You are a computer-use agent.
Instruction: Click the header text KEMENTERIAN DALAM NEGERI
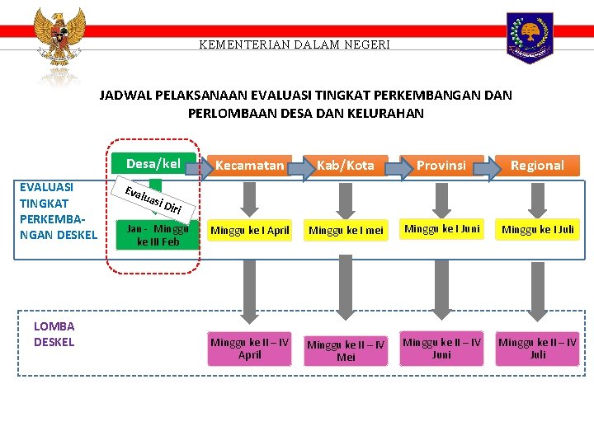295,44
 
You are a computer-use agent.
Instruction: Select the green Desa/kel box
153,163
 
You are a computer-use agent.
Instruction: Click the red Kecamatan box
249,165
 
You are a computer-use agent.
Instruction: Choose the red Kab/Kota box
346,165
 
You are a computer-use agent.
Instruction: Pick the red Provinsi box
441,165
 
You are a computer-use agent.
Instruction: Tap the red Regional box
537,165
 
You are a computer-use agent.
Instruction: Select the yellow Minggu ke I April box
249,231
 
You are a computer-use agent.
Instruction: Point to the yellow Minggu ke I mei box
346,231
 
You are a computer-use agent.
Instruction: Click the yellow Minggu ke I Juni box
441,229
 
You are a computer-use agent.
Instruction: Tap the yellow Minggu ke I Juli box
537,229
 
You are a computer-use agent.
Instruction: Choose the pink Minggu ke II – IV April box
249,349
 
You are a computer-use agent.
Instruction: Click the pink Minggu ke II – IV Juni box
441,349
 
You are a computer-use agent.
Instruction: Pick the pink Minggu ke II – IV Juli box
537,349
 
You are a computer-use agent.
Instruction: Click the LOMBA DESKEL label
54,334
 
